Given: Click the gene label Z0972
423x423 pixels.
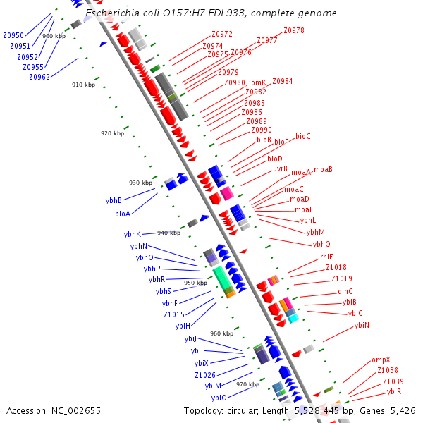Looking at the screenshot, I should point(222,34).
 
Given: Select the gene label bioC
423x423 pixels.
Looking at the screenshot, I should point(303,136).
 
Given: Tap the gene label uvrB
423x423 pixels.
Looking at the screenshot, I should point(280,168).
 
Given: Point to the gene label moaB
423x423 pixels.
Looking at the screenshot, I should point(323,170).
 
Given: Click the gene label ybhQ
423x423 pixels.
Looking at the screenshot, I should point(321,245).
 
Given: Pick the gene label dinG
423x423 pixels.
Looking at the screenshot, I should point(345,291).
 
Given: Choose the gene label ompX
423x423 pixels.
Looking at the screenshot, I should point(381,360).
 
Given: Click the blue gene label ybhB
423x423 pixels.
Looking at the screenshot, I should point(114,200).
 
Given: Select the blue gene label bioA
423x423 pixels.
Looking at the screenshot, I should point(123,214).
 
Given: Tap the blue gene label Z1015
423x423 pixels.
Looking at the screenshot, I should point(174,314).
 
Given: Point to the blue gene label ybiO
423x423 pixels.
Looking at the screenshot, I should point(219,398).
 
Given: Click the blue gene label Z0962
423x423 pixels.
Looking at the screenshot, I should point(39,77).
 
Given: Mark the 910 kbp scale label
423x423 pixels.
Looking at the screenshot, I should point(83,85).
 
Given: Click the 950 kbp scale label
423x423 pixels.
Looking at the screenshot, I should point(195,283).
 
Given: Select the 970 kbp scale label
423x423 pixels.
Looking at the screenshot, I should point(247,384).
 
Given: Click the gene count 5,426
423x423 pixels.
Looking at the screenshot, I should point(403,410).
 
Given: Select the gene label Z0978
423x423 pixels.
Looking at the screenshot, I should point(294,30).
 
